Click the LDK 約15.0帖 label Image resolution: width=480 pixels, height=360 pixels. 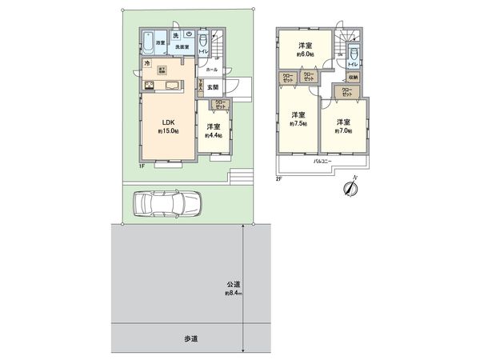tap(168, 126)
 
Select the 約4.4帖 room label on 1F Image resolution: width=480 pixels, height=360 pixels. tap(213, 131)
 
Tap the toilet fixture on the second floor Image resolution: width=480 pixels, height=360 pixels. tap(354, 57)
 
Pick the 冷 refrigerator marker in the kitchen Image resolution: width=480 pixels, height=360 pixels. tap(147, 63)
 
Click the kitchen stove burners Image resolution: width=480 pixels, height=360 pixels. tap(150, 86)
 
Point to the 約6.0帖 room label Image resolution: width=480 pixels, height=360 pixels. tap(306, 50)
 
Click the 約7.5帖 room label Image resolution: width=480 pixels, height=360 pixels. tap(298, 118)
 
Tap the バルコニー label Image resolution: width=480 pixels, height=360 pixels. tap(322, 162)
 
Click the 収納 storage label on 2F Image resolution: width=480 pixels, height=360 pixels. tap(353, 77)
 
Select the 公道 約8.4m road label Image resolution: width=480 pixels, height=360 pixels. tap(233, 288)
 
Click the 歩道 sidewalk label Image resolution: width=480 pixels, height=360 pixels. tap(190, 340)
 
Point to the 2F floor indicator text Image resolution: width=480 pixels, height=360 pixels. tap(279, 178)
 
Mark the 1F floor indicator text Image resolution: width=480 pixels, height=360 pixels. tap(142, 166)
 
